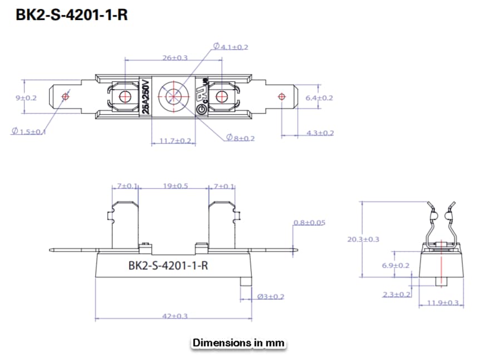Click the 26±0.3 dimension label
(x=175, y=57)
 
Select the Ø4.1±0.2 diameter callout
(x=230, y=47)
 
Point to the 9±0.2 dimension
(x=26, y=97)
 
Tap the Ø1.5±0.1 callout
(x=29, y=131)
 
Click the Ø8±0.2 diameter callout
(x=240, y=137)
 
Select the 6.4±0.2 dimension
(x=319, y=97)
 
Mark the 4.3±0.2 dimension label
(x=320, y=132)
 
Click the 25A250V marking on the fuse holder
(x=145, y=97)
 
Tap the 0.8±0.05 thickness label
(x=309, y=223)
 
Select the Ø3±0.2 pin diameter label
(x=271, y=296)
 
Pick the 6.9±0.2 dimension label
(x=396, y=265)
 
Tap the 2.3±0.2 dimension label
(x=397, y=294)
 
